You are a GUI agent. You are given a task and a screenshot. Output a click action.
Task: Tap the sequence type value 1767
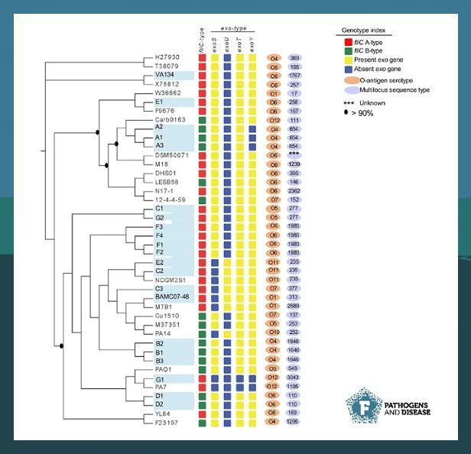point(294,76)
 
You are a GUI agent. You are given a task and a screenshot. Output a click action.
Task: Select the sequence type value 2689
point(294,306)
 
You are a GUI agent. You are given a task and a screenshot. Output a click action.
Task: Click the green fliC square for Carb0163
point(202,120)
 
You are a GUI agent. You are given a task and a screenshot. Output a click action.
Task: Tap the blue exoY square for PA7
point(253,388)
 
